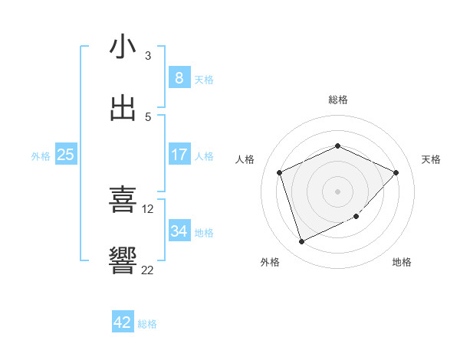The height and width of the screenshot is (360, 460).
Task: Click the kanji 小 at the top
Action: click(x=123, y=47)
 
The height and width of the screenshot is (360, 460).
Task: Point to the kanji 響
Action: click(x=123, y=260)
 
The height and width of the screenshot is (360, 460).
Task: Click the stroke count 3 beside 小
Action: click(x=148, y=55)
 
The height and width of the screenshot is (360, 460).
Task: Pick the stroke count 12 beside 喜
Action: click(x=148, y=208)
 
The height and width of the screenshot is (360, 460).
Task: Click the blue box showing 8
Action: click(x=179, y=78)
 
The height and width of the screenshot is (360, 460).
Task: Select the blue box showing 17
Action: click(x=179, y=155)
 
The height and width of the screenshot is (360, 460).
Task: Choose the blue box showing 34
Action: click(x=179, y=231)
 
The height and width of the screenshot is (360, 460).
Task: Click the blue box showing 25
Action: click(x=65, y=155)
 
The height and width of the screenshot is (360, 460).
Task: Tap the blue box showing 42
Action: click(x=123, y=322)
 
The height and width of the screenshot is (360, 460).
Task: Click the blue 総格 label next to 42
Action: click(x=147, y=324)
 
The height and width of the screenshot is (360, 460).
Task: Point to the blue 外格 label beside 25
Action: click(x=41, y=156)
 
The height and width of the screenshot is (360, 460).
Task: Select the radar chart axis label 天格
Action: click(x=431, y=159)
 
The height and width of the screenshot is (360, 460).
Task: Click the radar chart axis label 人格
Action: click(x=245, y=159)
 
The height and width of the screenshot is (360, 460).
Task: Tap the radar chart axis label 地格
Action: click(x=402, y=262)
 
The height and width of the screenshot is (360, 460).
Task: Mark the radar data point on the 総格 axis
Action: click(x=337, y=146)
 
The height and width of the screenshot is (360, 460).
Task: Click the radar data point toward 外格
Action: click(x=301, y=242)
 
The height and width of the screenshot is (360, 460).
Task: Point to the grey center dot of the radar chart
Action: click(x=337, y=191)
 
